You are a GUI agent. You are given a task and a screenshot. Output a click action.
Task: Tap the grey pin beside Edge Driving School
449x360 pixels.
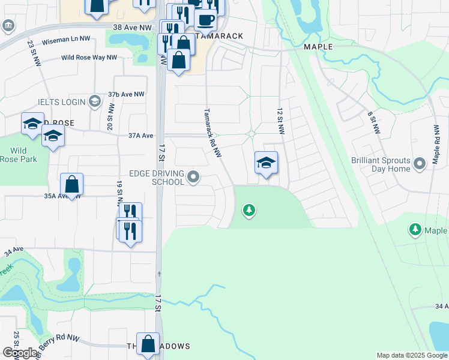[x=193, y=176]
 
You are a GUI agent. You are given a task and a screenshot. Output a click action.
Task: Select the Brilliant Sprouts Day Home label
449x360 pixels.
[x=382, y=165]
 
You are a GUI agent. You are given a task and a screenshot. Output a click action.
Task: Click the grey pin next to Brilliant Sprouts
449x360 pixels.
[x=421, y=161]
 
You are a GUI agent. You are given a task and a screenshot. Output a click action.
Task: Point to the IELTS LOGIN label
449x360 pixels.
[x=62, y=102]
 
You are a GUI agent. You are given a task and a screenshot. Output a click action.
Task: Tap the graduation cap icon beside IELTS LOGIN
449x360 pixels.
[x=94, y=101]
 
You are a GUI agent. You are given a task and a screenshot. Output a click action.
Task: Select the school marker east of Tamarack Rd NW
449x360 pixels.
[x=266, y=163]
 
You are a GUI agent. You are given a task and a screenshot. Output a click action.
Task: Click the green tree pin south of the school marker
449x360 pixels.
[x=249, y=210]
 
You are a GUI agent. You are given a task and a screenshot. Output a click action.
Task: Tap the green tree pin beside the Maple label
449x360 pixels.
[x=415, y=229]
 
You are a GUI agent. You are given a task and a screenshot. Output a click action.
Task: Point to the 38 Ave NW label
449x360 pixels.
[x=133, y=28]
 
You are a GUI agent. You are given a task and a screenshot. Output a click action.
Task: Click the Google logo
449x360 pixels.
[x=20, y=353]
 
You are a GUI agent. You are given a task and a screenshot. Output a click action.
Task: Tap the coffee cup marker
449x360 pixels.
[x=205, y=19]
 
